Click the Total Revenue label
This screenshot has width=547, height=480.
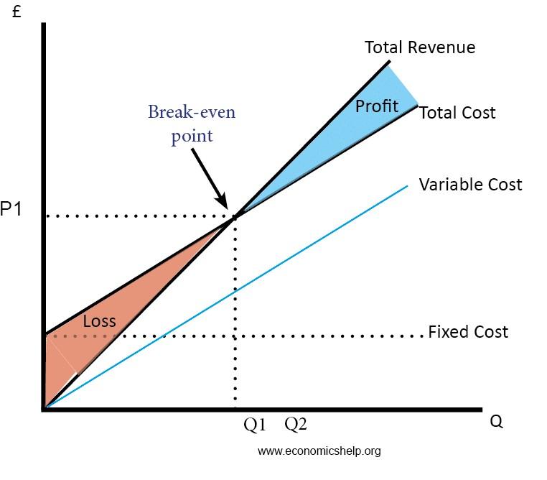(419, 48)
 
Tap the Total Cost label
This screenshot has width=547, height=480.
(457, 113)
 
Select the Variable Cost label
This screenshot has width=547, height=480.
(470, 185)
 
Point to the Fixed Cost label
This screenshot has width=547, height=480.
(467, 332)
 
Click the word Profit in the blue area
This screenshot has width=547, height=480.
(377, 106)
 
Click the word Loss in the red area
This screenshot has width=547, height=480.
(99, 321)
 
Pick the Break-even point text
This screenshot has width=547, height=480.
(192, 124)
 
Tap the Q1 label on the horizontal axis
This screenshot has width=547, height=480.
(255, 425)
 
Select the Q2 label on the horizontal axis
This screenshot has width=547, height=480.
(296, 425)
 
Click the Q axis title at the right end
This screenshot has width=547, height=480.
(496, 421)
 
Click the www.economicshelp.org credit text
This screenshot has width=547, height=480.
(319, 451)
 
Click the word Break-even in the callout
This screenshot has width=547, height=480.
(192, 112)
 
